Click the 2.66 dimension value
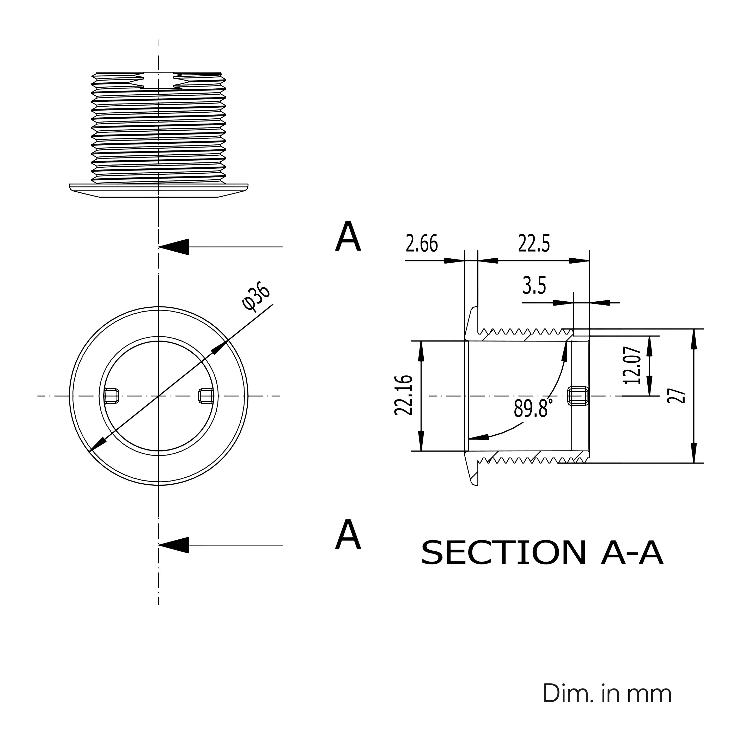pyautogui.click(x=422, y=244)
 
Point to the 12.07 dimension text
pyautogui.click(x=632, y=365)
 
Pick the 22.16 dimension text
pyautogui.click(x=404, y=396)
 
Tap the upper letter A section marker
pyautogui.click(x=348, y=237)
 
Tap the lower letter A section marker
pyautogui.click(x=348, y=535)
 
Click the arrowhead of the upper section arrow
pyautogui.click(x=174, y=247)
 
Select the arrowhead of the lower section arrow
pyautogui.click(x=174, y=545)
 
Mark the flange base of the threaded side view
pyautogui.click(x=159, y=191)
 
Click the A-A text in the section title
pyautogui.click(x=632, y=553)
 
